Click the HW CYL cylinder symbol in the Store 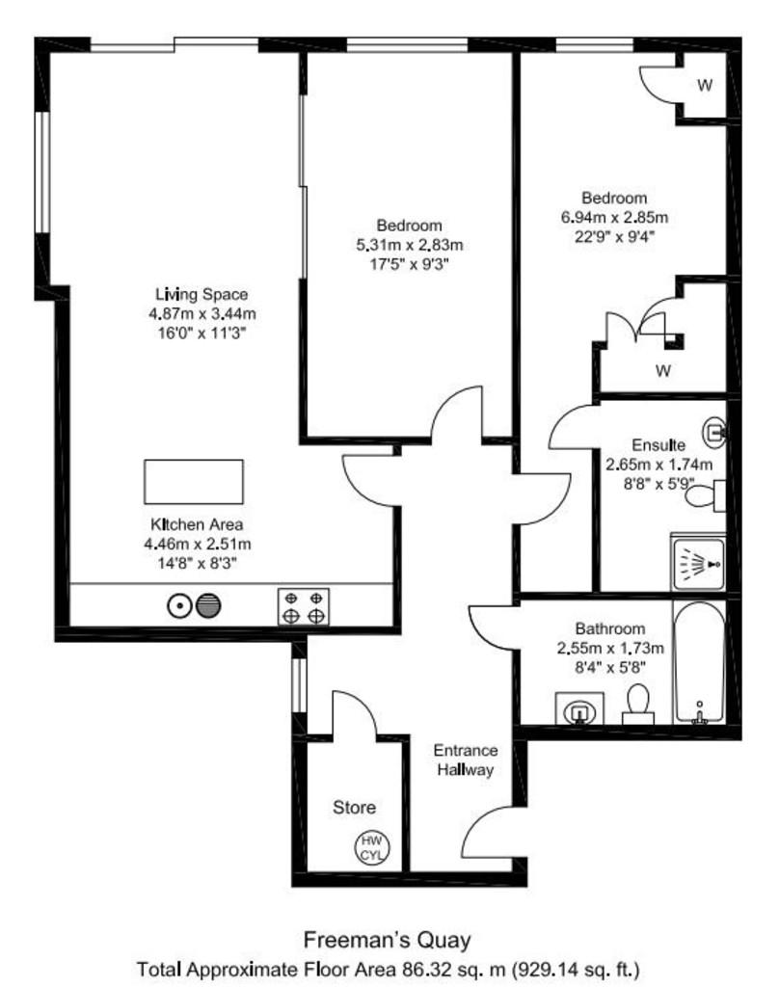click(x=372, y=847)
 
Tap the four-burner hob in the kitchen click(x=304, y=607)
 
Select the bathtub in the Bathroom click(x=699, y=663)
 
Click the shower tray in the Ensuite click(x=698, y=563)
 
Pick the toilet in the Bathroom click(x=638, y=705)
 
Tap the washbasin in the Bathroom click(x=579, y=708)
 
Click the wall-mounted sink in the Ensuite click(x=714, y=433)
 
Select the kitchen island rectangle click(x=194, y=482)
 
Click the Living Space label click(x=201, y=294)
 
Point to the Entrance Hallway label click(x=466, y=760)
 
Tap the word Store click(x=354, y=807)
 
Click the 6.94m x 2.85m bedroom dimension click(x=614, y=217)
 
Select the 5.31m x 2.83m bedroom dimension click(x=410, y=244)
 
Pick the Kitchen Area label click(x=197, y=523)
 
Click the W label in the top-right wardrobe click(x=705, y=85)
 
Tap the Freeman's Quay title click(x=388, y=940)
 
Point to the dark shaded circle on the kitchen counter click(x=208, y=605)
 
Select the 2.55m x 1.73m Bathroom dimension click(x=610, y=648)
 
